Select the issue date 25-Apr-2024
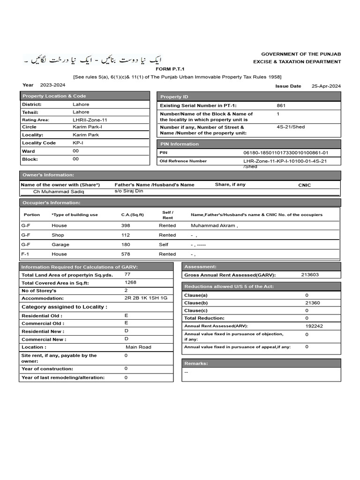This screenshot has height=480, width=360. click(326, 86)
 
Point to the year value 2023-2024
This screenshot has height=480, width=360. click(53, 85)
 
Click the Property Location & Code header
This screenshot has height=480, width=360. click(54, 96)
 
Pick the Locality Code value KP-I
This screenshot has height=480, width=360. click(78, 143)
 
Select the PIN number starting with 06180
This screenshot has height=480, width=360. click(285, 153)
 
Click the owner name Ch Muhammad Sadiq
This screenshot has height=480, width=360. click(59, 192)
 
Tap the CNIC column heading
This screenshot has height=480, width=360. click(304, 185)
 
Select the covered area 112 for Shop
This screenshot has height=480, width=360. click(125, 235)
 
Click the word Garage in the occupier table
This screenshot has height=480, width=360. click(60, 245)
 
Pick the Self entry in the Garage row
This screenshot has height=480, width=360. click(164, 245)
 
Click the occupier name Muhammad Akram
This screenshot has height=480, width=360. click(214, 225)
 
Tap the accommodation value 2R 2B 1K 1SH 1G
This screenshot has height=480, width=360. click(145, 298)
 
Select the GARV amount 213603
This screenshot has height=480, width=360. click(309, 275)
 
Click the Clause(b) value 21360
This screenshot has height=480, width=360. click(312, 303)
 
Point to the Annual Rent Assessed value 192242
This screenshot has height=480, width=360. click(314, 326)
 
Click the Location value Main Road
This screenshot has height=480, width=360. click(138, 347)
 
